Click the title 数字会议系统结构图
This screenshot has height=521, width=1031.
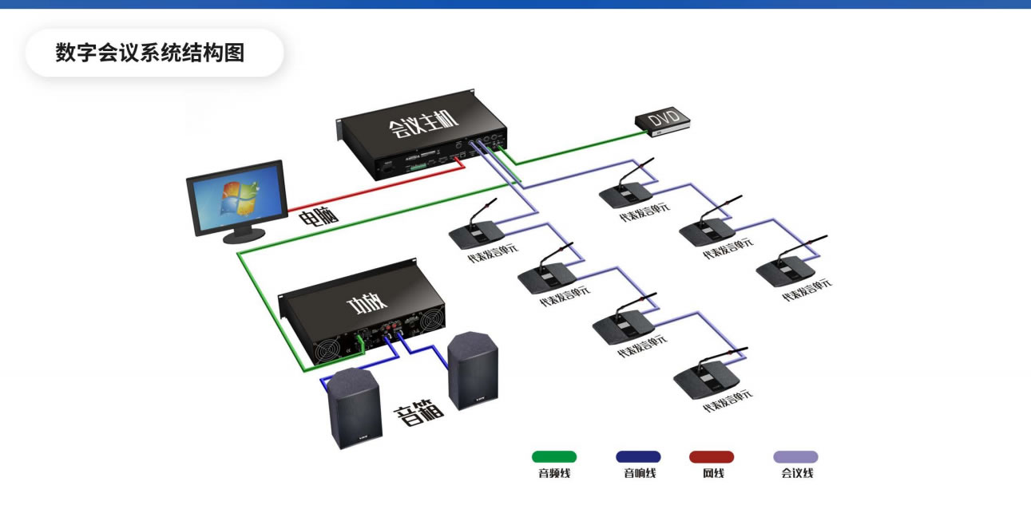coord(149,53)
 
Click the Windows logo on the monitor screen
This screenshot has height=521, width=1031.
coord(240,199)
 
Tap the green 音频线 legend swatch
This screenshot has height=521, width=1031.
coord(554,457)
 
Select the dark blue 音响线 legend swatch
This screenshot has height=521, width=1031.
coord(638,457)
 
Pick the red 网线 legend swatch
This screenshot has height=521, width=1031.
coord(712,457)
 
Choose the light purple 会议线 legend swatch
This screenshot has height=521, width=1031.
coord(795,457)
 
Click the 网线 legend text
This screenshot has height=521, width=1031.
coord(712,474)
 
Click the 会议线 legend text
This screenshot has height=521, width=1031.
coord(796,474)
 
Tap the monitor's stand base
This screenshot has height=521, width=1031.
coord(244,235)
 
